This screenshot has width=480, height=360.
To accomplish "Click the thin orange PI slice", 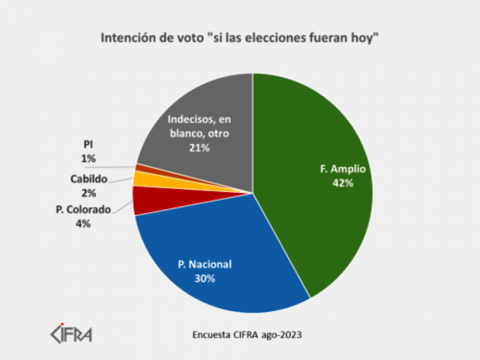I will [x=139, y=168].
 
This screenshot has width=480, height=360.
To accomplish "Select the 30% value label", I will [x=205, y=278].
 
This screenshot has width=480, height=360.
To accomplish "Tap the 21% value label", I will [x=199, y=148].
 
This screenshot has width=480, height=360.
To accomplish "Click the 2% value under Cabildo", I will [x=89, y=193].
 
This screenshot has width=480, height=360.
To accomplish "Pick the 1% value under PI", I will [x=89, y=157].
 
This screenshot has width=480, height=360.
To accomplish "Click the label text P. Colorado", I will [x=83, y=209].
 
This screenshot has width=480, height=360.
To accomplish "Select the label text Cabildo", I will [x=89, y=179].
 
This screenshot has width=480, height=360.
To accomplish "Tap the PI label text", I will [x=89, y=145].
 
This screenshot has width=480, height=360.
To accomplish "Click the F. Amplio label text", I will [x=343, y=169].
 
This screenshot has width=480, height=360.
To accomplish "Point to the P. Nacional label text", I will [x=205, y=264].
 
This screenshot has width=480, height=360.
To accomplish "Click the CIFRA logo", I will [x=71, y=332].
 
